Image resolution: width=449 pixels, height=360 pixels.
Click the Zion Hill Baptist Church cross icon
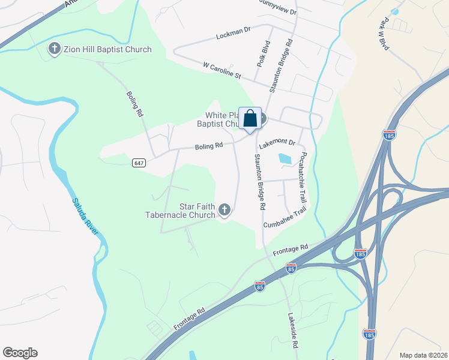pos(55,49)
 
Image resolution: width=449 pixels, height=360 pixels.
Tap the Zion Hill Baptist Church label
pos(107,49)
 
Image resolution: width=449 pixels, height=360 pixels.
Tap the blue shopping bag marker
pos(250,118)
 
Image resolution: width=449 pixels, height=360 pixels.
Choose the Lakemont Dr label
pos(277,143)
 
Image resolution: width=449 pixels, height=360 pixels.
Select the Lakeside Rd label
pos(292,331)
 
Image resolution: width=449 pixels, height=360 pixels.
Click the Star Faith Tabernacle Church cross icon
pos(224,209)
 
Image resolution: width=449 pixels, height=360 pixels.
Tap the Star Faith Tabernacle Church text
pos(181,211)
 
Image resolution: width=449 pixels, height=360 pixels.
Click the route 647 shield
pos(139,163)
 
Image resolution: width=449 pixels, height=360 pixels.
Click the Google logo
pos(20,353)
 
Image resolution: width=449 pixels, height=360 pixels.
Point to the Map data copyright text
pos(424,355)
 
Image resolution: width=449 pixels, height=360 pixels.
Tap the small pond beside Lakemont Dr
pos(284,159)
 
